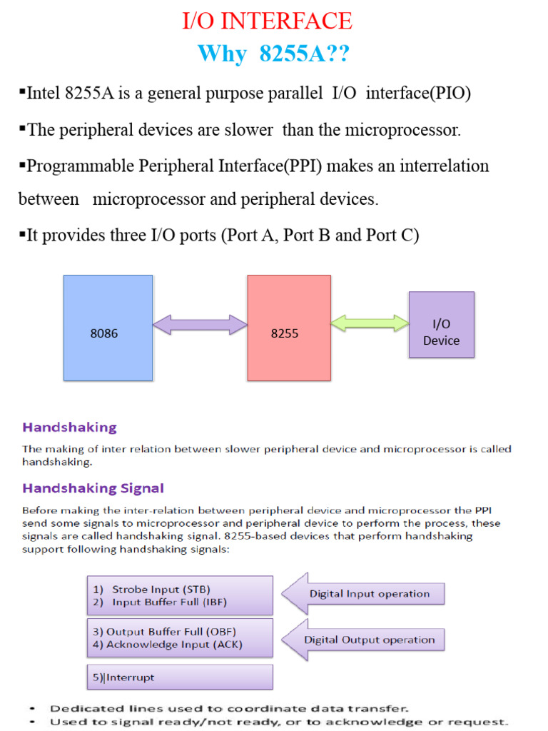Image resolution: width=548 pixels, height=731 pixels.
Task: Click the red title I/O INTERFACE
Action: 267,21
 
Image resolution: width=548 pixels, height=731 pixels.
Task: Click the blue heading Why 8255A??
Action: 273,54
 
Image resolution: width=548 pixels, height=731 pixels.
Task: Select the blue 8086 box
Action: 108,328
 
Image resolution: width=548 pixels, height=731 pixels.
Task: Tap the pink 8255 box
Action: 288,328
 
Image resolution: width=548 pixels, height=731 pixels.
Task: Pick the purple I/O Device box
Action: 441,325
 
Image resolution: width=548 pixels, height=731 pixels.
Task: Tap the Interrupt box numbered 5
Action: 180,677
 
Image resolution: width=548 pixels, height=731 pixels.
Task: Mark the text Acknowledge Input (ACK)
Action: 175,645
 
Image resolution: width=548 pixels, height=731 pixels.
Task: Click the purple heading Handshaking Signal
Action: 93,489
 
